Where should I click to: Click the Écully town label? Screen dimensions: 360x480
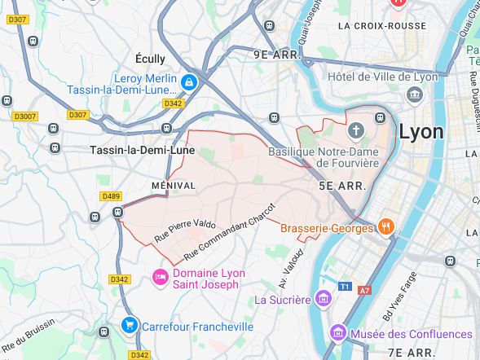[x=150, y=59]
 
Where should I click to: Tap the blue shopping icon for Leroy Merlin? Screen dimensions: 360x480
[x=189, y=82]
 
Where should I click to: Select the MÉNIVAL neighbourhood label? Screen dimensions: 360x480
[x=174, y=186]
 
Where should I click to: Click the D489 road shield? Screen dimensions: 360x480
[x=110, y=196]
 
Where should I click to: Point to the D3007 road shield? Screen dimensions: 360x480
[x=25, y=116]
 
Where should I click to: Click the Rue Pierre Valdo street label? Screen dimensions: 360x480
[x=185, y=230]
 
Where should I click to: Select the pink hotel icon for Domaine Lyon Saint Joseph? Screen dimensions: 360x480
[x=161, y=278]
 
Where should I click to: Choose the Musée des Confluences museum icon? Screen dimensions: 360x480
[x=338, y=334]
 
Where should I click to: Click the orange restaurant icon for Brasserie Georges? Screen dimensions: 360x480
[x=386, y=227]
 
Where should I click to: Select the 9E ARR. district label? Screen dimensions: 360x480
[x=277, y=55]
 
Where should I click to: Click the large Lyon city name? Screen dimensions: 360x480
[x=421, y=132]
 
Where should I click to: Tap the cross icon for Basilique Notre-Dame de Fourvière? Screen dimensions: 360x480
[x=355, y=130]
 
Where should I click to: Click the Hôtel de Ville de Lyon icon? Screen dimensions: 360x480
[x=415, y=95]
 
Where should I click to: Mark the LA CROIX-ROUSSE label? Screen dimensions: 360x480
[x=381, y=26]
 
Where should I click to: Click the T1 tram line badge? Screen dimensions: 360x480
[x=345, y=288]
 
